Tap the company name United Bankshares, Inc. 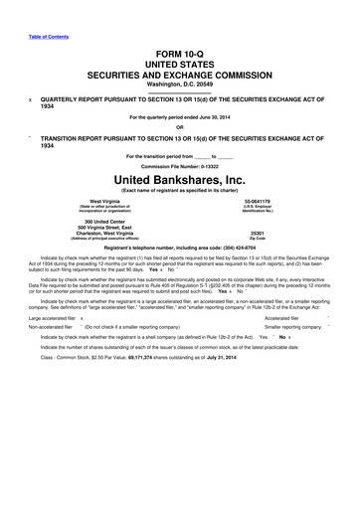pyautogui.click(x=180, y=178)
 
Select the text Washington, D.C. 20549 pyautogui.click(x=180, y=84)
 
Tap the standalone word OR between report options pyautogui.click(x=180, y=126)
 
